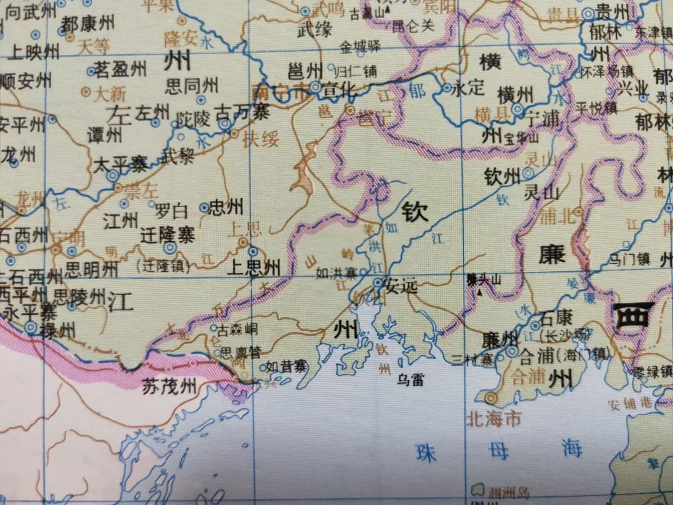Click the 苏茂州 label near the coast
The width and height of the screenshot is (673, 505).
click(169, 387)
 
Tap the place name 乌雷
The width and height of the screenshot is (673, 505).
click(410, 378)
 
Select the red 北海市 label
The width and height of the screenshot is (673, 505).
click(494, 418)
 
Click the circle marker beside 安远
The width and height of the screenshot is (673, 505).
click(378, 284)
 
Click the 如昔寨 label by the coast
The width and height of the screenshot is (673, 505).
click(286, 367)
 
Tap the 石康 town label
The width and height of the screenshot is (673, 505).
click(556, 317)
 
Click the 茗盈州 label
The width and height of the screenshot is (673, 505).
click(120, 70)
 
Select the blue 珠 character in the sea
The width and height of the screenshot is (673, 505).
click(427, 451)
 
